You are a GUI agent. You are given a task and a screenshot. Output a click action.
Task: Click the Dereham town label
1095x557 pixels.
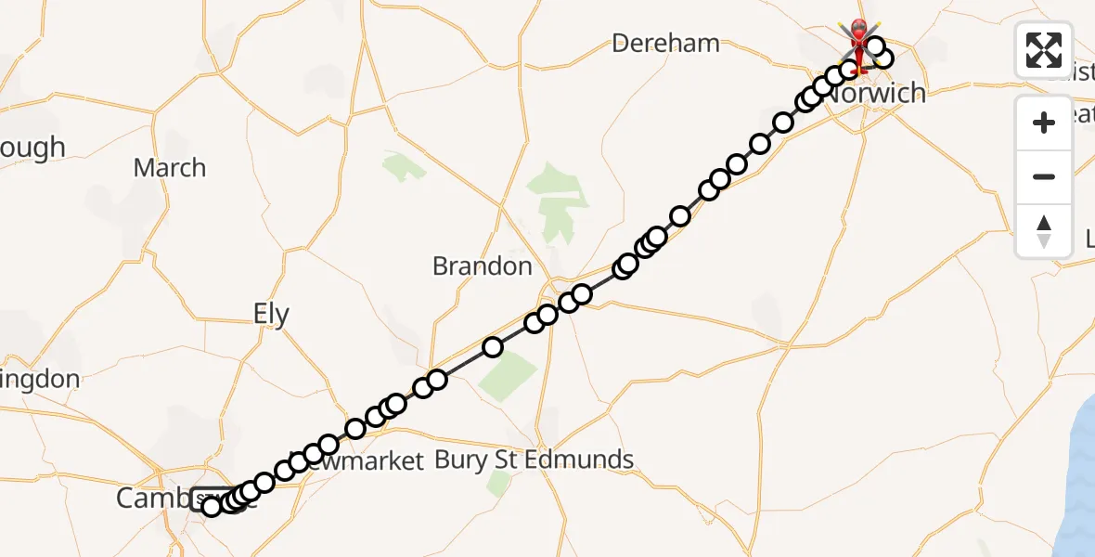coord(666,43)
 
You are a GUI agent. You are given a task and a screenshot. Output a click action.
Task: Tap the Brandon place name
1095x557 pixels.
coord(482,267)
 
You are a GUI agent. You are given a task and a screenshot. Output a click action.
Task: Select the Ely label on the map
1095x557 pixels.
coord(271,315)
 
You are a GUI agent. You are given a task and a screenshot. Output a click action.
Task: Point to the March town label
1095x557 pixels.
coord(170,168)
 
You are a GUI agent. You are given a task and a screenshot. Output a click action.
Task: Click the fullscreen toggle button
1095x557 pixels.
coord(1044,50)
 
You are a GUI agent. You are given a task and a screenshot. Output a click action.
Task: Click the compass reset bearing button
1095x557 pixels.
coord(1044,230)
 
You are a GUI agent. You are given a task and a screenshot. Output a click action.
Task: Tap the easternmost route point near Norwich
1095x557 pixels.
coord(883,58)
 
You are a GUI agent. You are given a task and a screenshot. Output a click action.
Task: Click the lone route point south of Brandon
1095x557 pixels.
coord(493,347)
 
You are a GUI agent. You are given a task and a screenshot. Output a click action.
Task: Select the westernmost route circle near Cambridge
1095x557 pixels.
coord(213,506)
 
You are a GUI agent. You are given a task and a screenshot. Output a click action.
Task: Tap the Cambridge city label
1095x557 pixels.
coord(153,499)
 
